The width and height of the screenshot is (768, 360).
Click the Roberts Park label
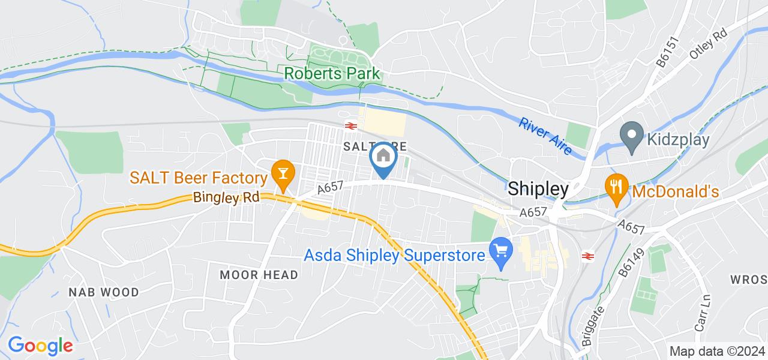tap(332, 73)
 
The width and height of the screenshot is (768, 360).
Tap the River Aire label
tap(546, 136)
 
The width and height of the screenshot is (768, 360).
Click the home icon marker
tap(383, 159)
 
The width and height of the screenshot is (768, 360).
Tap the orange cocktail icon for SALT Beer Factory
tap(280, 174)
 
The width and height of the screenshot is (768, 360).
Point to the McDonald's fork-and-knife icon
tap(616, 187)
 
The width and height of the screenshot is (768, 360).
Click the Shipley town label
tap(538, 189)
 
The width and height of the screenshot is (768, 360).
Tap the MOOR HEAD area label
tap(259, 275)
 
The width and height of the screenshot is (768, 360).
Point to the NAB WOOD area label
tap(103, 292)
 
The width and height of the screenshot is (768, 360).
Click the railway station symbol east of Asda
tap(589, 256)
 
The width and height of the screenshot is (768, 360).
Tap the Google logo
tap(40, 345)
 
